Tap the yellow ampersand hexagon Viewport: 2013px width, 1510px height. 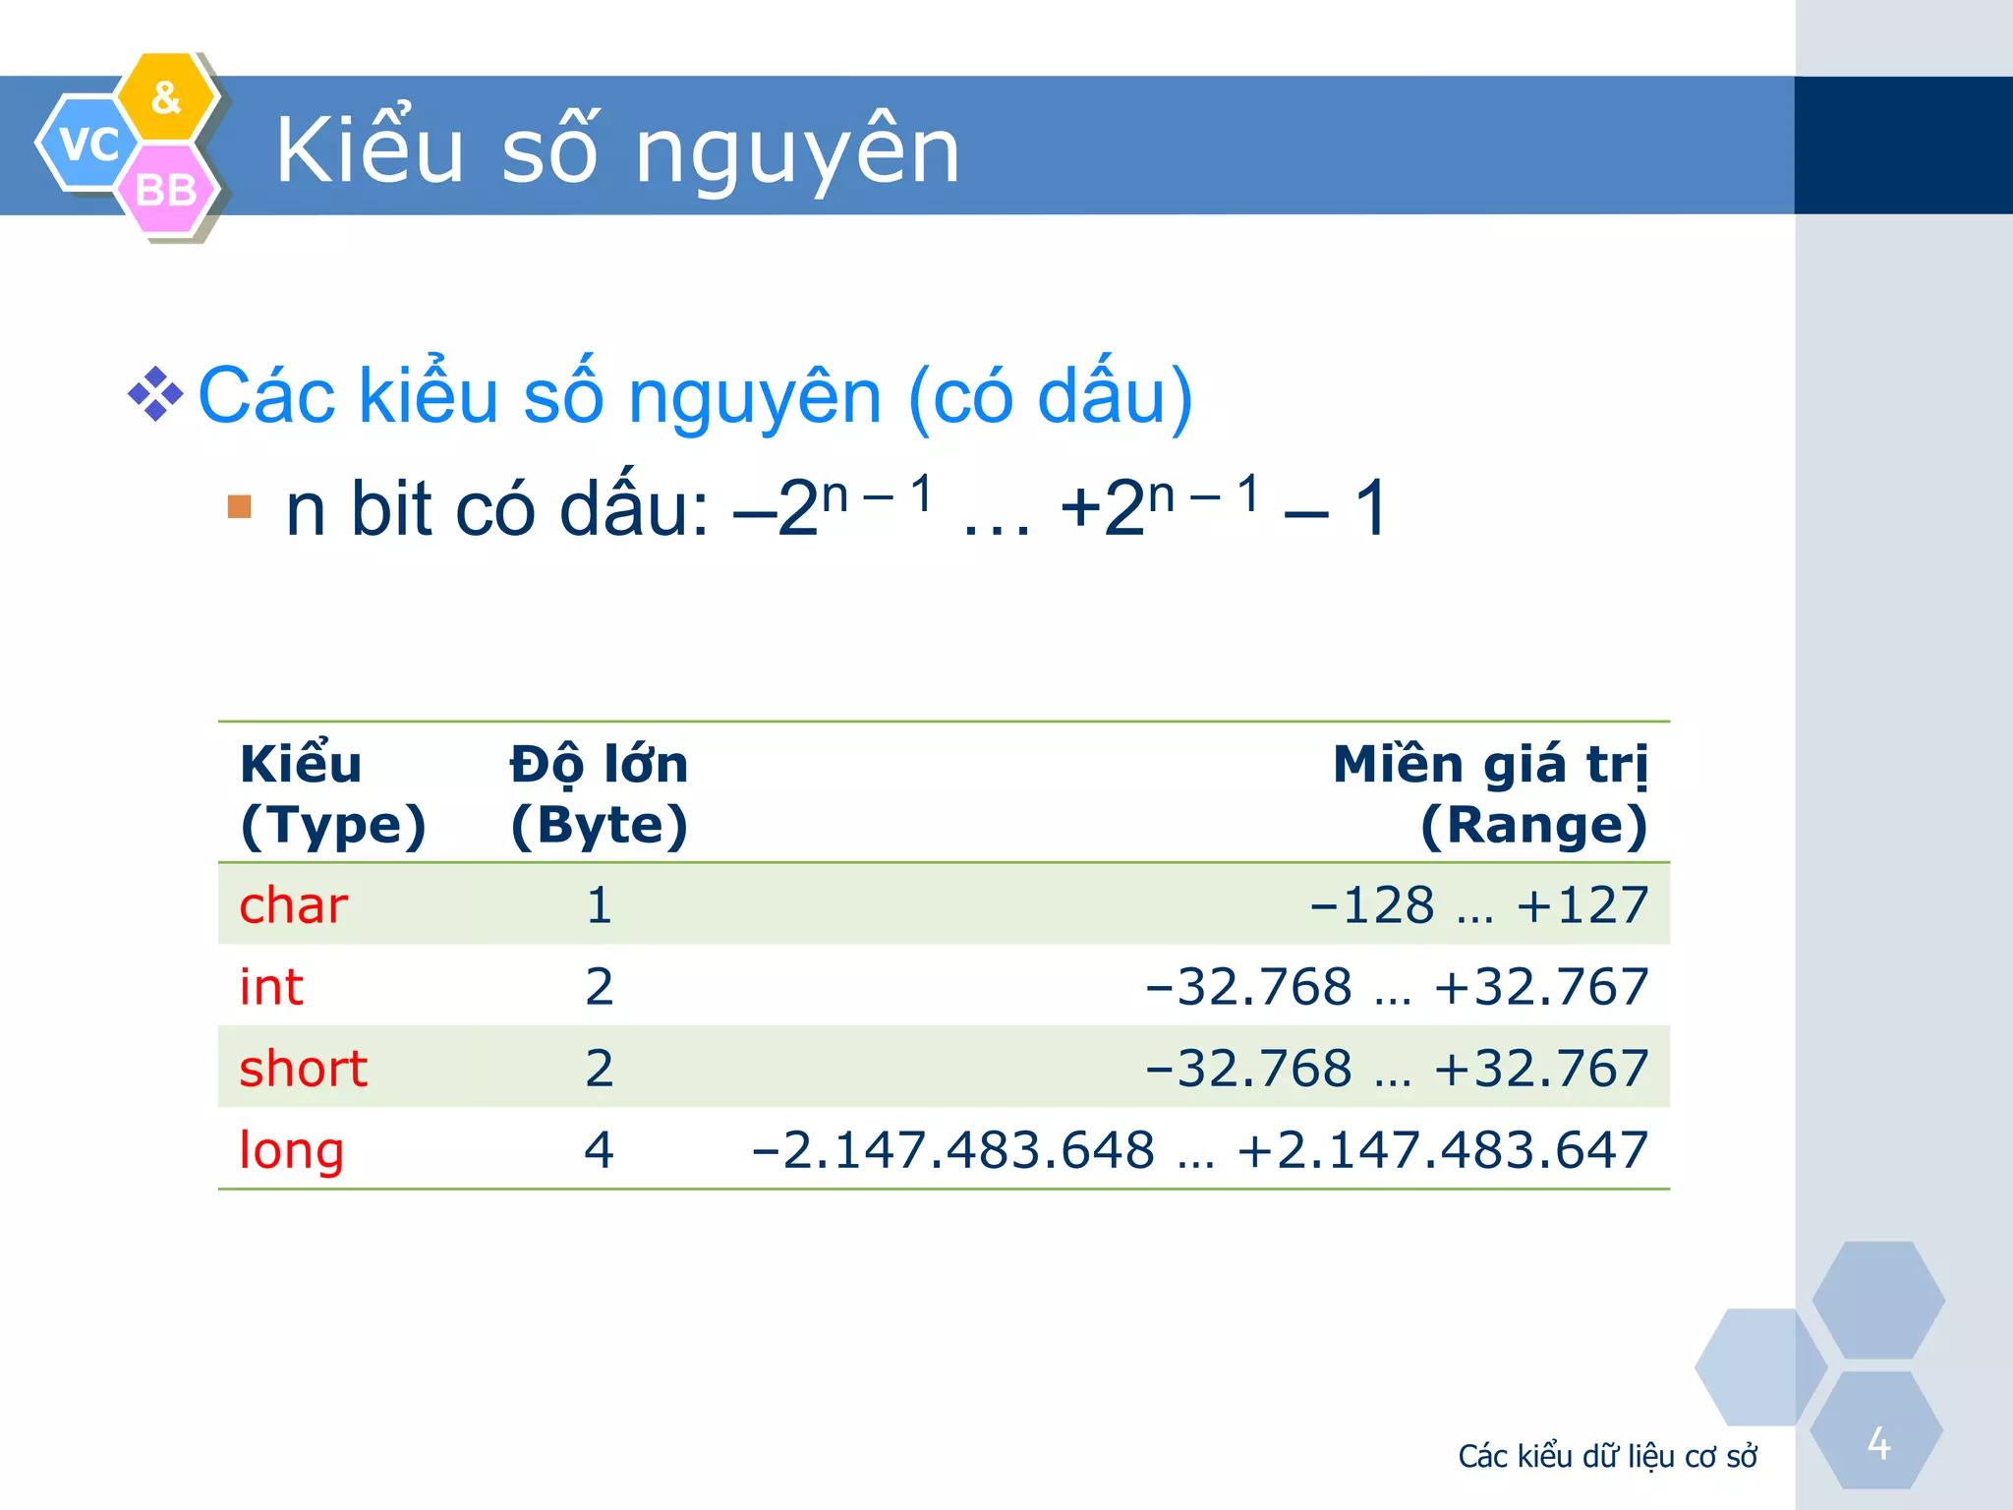pyautogui.click(x=166, y=97)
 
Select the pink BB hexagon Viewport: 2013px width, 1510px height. pyautogui.click(x=166, y=190)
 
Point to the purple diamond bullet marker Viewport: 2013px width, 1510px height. pyautogui.click(x=155, y=394)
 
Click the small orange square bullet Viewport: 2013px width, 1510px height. pyautogui.click(x=239, y=506)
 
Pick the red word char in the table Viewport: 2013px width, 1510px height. pyautogui.click(x=293, y=904)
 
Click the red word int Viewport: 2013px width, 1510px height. pyautogui.click(x=271, y=986)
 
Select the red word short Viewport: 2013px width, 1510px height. pyautogui.click(x=303, y=1068)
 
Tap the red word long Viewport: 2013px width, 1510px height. pyautogui.click(x=291, y=1150)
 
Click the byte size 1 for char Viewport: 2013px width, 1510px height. pyautogui.click(x=599, y=904)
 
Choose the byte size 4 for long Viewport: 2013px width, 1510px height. pyautogui.click(x=599, y=1149)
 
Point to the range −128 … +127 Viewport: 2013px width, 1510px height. pyautogui.click(x=1478, y=904)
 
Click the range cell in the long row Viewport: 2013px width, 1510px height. pyautogui.click(x=1199, y=1149)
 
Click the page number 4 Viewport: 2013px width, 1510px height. pyautogui.click(x=1878, y=1443)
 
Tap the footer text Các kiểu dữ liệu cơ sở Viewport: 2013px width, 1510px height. pyautogui.click(x=1607, y=1456)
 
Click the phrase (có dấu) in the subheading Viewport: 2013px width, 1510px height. pyautogui.click(x=1050, y=396)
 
